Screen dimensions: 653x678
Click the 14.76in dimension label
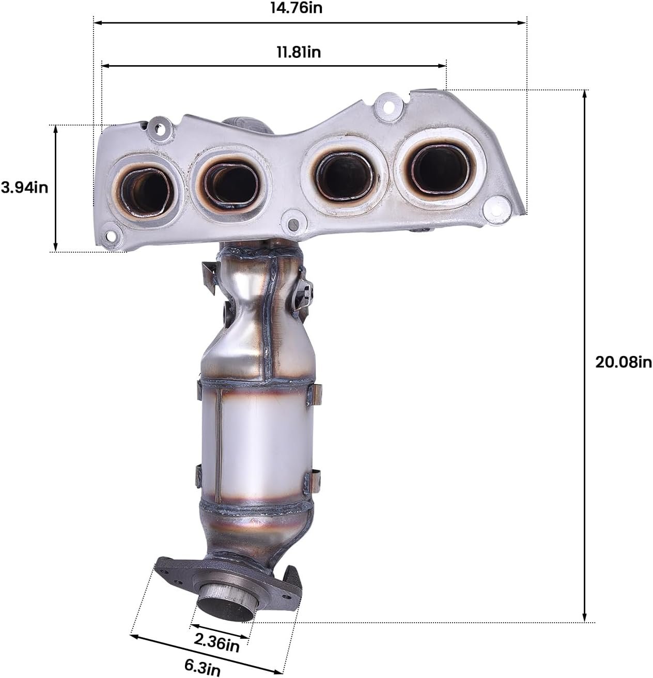pos(297,8)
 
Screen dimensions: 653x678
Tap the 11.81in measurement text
pos(299,52)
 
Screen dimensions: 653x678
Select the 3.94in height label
pos(24,188)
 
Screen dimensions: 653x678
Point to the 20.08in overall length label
pos(624,362)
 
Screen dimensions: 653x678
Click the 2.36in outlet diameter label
pos(216,642)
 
